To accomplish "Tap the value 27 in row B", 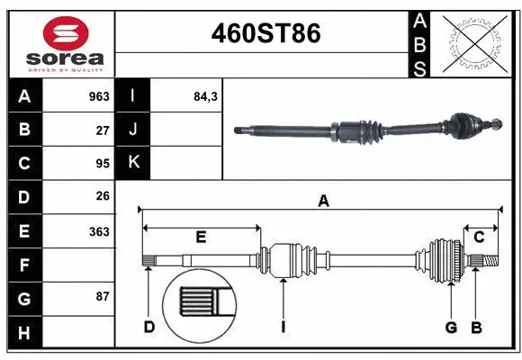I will tap(103, 130).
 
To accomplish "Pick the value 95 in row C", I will tap(103, 163).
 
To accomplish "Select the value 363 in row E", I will tap(99, 231).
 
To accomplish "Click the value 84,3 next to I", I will tap(206, 96).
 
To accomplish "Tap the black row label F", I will tap(24, 265).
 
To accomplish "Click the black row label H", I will tap(24, 333).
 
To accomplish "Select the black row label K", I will tap(133, 163).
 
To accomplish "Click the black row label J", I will tap(133, 130).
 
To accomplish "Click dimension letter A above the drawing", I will tap(323, 202).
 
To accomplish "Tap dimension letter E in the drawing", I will tap(201, 238).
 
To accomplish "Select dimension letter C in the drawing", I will tap(480, 238).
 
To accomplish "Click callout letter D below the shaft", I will tap(149, 327).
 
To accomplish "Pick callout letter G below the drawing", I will tap(451, 327).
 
